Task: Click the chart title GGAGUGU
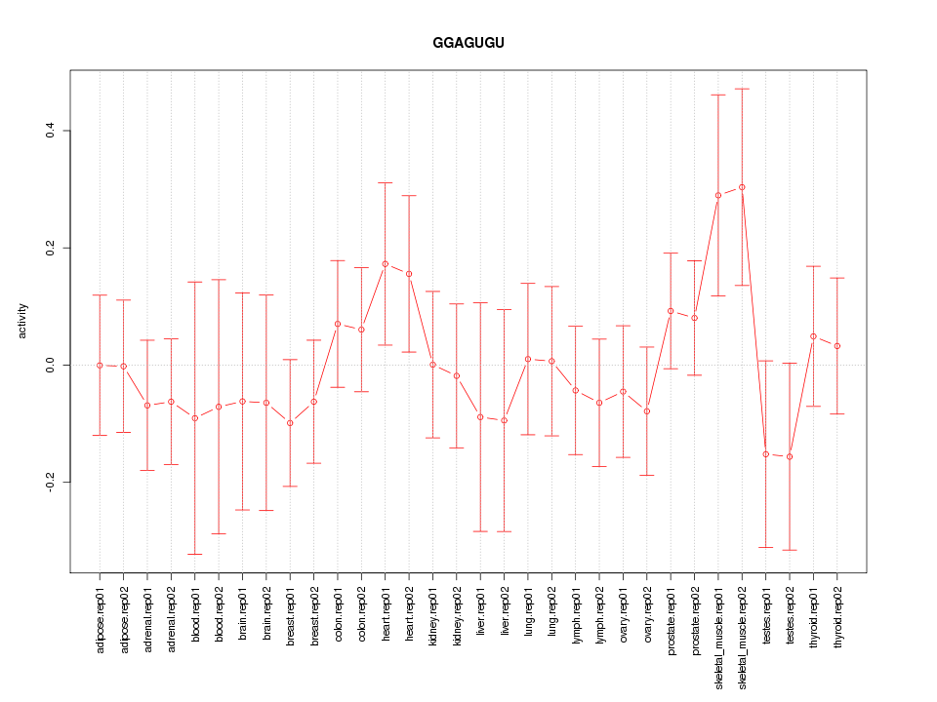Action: pyautogui.click(x=468, y=43)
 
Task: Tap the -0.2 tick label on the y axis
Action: pyautogui.click(x=50, y=483)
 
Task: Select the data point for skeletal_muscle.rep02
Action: pyautogui.click(x=742, y=187)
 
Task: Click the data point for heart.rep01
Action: pyautogui.click(x=385, y=264)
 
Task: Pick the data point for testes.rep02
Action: pyautogui.click(x=790, y=456)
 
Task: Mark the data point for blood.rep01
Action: pyautogui.click(x=194, y=418)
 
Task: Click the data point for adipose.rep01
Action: pyautogui.click(x=100, y=365)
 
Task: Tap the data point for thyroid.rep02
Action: pyautogui.click(x=837, y=346)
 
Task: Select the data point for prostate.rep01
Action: pyautogui.click(x=671, y=311)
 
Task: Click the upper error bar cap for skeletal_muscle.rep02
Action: pyautogui.click(x=742, y=89)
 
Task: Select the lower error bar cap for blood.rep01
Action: pyautogui.click(x=194, y=554)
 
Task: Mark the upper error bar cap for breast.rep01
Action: pyautogui.click(x=290, y=360)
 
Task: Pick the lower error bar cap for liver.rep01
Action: pyautogui.click(x=480, y=531)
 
